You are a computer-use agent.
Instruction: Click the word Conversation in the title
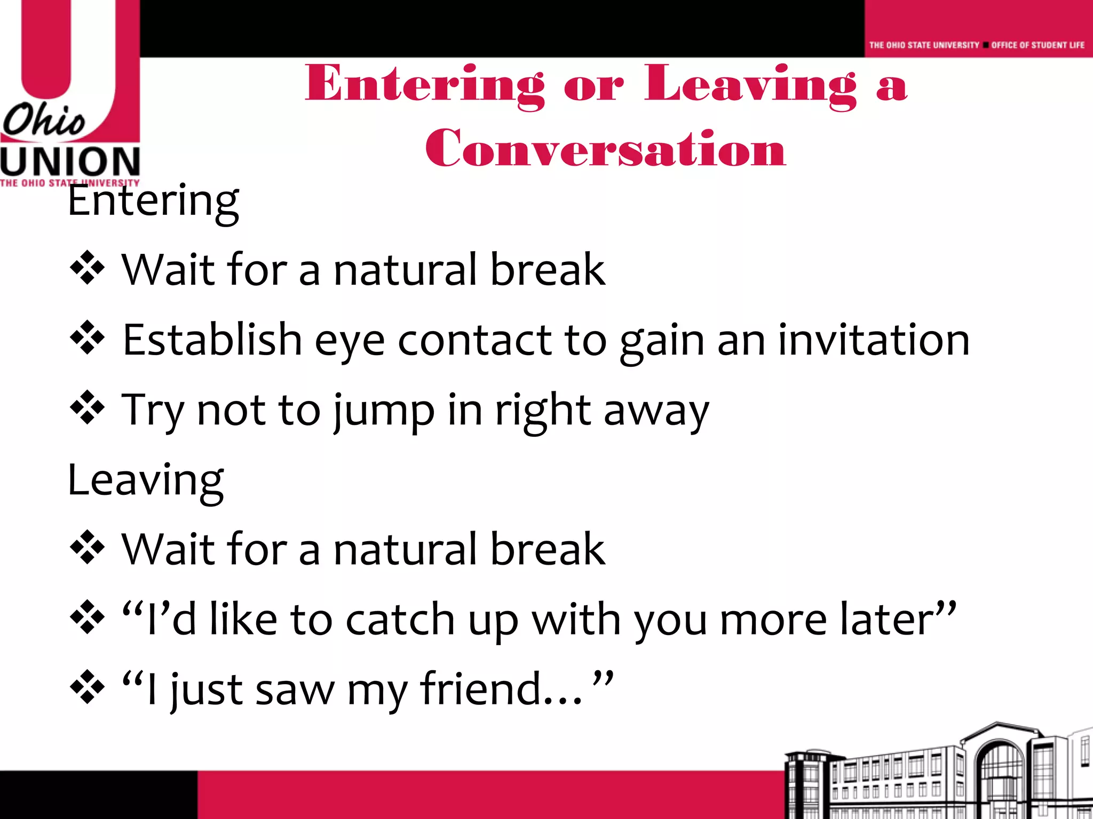tap(605, 148)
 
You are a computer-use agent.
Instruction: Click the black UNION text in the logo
tap(70, 162)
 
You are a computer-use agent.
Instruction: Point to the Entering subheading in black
tap(153, 202)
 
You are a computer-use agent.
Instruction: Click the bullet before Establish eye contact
tap(87, 338)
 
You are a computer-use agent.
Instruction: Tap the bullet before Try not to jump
tap(87, 408)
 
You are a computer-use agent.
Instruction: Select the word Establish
tap(212, 340)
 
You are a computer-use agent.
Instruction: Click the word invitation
tap(874, 340)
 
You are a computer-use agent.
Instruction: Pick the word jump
tap(383, 411)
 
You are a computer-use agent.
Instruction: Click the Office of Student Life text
tap(1037, 45)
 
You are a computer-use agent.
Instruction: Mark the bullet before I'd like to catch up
tap(87, 617)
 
